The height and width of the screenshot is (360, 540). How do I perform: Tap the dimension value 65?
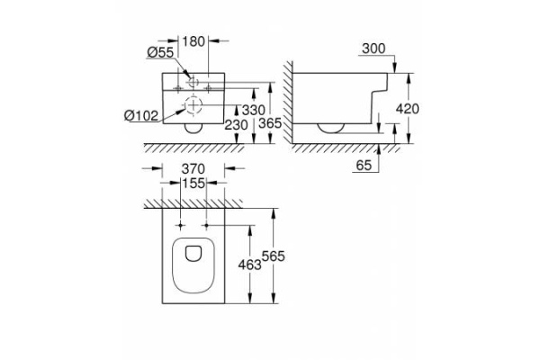(365, 164)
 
